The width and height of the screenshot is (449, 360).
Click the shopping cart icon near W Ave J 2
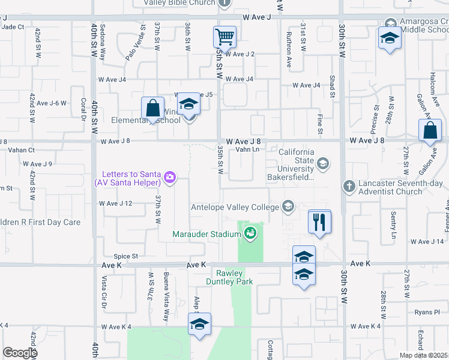pyautogui.click(x=225, y=37)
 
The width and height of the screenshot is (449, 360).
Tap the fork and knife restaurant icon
pyautogui.click(x=319, y=222)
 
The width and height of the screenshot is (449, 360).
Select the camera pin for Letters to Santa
pyautogui.click(x=170, y=176)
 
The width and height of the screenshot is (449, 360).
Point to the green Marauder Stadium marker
pyautogui.click(x=250, y=235)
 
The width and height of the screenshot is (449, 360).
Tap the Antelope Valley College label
pyautogui.click(x=234, y=208)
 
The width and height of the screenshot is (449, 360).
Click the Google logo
pyautogui.click(x=20, y=353)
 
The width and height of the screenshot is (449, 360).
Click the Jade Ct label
pyautogui.click(x=13, y=27)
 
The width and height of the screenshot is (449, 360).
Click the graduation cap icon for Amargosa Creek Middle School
pyautogui.click(x=390, y=38)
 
